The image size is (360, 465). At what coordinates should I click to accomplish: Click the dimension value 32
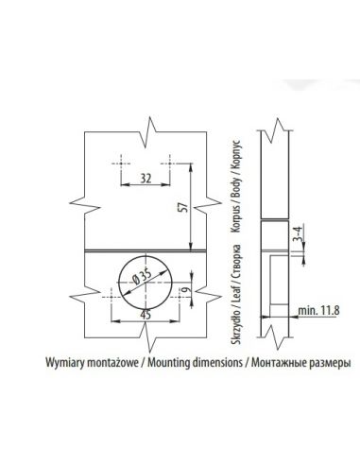(x=146, y=179)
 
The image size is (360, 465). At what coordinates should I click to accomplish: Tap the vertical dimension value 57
(x=184, y=208)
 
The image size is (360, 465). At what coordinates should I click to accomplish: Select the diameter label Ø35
(x=142, y=277)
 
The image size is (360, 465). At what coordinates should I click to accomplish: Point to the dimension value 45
(x=146, y=315)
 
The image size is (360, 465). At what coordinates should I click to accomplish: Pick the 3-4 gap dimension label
(x=298, y=234)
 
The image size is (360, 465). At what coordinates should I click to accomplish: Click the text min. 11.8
(x=318, y=311)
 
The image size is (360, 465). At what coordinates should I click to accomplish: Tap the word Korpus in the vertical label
(x=236, y=218)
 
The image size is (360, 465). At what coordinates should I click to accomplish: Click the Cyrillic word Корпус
(x=236, y=155)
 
